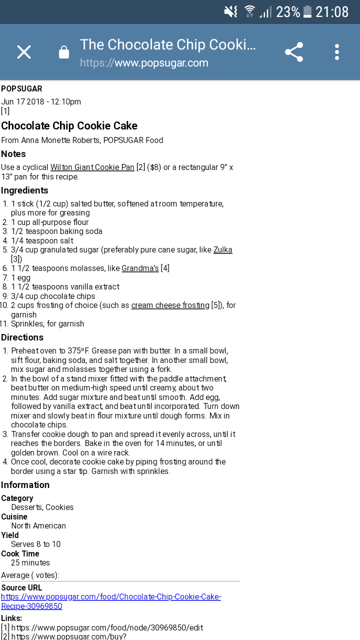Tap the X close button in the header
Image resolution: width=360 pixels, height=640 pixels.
(24, 52)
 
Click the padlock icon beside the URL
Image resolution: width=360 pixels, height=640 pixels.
(64, 52)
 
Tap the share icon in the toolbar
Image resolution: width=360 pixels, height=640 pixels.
(294, 52)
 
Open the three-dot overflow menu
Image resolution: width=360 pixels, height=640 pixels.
(337, 52)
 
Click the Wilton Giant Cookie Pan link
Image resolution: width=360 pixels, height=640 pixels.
(92, 167)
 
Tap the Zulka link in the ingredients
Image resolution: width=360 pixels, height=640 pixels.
(222, 249)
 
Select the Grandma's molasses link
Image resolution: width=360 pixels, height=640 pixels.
(140, 268)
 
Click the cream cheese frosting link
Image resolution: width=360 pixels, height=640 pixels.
(170, 305)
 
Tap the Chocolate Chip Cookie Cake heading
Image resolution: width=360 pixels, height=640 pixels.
(69, 125)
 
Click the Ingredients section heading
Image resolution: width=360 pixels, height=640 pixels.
(24, 190)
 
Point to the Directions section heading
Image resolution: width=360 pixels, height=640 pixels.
(22, 337)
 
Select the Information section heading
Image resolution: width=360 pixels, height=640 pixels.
(25, 485)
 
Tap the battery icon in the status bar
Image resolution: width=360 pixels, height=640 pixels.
(307, 11)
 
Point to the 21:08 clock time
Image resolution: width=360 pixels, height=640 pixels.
(332, 11)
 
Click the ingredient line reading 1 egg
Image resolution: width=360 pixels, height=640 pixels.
(20, 277)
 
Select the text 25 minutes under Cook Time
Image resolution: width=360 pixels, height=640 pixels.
(30, 562)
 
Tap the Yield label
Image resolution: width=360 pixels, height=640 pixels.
(10, 535)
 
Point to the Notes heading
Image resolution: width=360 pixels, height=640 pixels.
(13, 154)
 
